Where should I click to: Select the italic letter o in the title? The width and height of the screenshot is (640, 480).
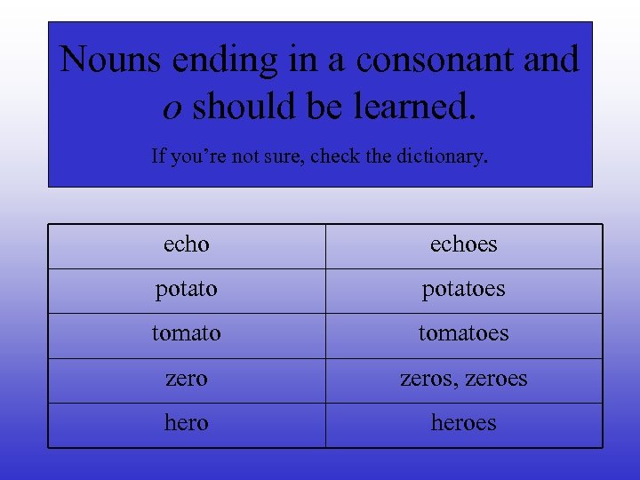[x=173, y=107]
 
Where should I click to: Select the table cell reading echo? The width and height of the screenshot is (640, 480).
[x=187, y=244]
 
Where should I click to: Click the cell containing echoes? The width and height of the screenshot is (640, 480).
[x=463, y=244]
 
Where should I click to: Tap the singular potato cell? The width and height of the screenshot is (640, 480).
[x=187, y=290]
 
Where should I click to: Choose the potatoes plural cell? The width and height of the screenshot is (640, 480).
[x=463, y=290]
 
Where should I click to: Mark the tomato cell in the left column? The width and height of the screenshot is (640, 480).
[x=187, y=334]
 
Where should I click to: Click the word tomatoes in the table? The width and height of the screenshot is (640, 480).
[x=463, y=334]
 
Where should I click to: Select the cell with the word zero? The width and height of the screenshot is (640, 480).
[x=187, y=379]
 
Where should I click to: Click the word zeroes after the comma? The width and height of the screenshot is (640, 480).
[x=496, y=379]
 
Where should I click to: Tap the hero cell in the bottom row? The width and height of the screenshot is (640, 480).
[x=187, y=423]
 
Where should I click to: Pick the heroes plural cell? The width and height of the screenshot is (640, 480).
[x=463, y=423]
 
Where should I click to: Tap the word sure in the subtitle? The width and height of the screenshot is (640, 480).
[x=278, y=156]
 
